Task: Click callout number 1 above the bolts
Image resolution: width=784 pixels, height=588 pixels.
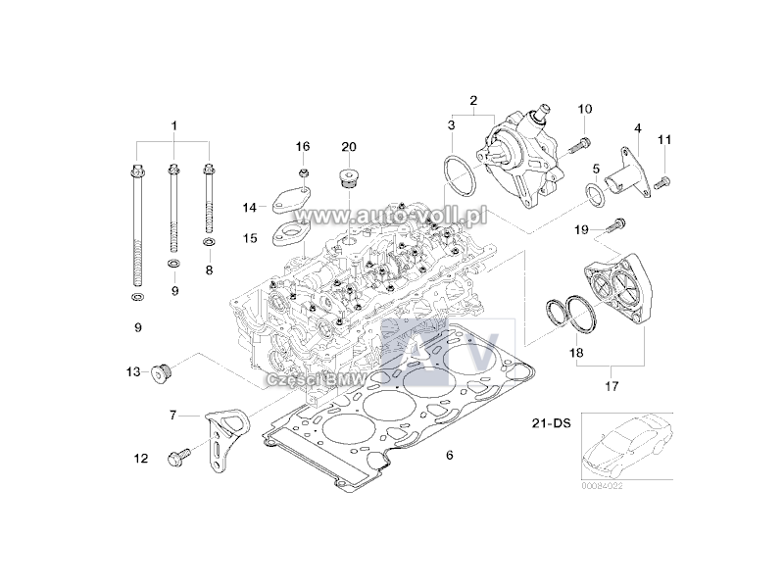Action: (174, 125)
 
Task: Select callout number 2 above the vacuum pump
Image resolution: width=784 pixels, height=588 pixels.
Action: (473, 101)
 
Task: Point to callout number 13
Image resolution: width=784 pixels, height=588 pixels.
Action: (133, 371)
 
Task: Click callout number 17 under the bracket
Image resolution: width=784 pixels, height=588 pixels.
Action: (612, 386)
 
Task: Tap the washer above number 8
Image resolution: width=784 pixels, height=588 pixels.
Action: (209, 241)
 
